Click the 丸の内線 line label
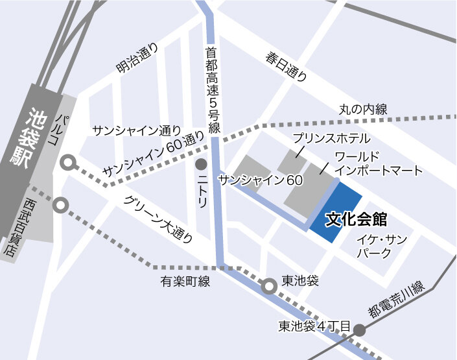click(364, 110)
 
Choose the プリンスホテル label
click(331, 138)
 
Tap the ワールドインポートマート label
click(379, 163)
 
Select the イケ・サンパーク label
click(382, 246)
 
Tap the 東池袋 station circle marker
click(268, 284)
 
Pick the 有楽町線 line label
click(186, 282)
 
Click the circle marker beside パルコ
click(67, 163)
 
